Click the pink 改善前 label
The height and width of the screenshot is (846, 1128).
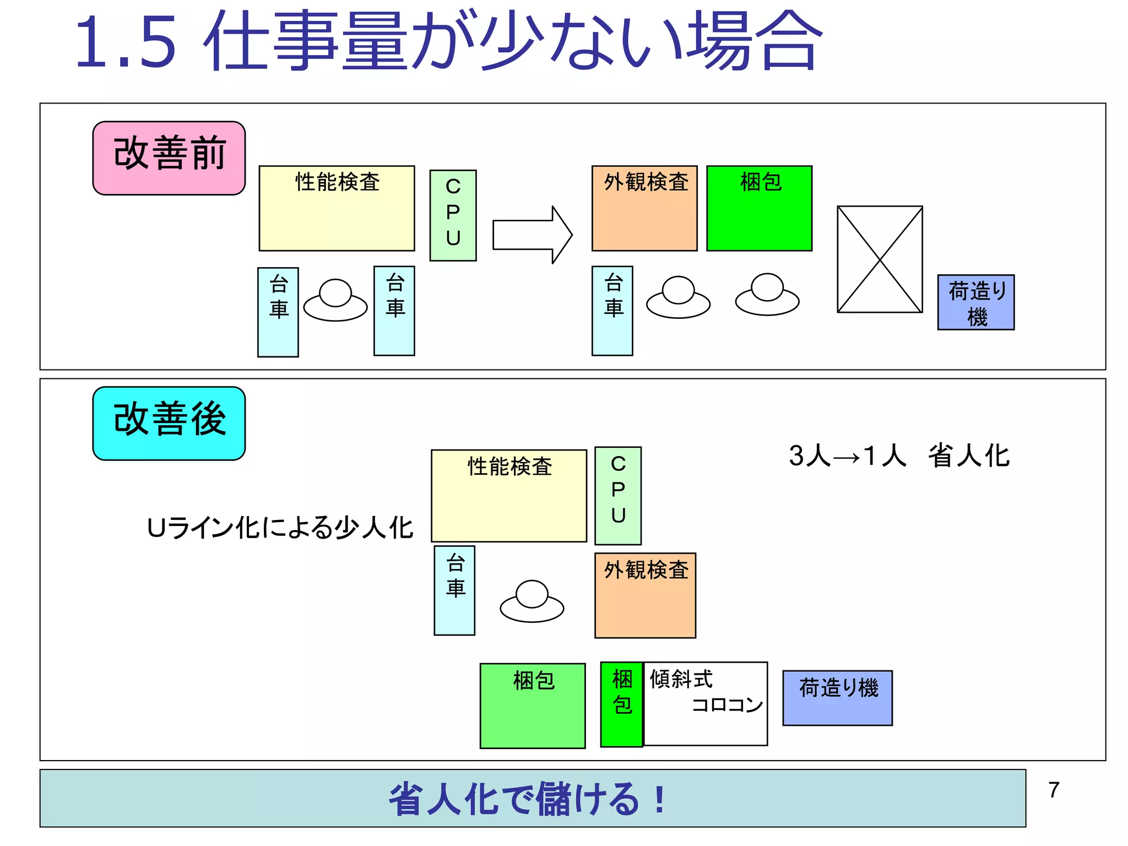coord(169,158)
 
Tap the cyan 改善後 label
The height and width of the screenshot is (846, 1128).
coord(169,423)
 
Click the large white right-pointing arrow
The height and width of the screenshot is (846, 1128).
coord(532,235)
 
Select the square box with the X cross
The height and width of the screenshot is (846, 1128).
coord(880,259)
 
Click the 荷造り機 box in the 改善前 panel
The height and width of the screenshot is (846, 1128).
coord(975,302)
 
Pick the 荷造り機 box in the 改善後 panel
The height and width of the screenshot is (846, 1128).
coord(837,698)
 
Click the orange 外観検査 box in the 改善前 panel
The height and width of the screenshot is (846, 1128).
coord(644,208)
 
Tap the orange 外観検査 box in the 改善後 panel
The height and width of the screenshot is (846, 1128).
coord(645,595)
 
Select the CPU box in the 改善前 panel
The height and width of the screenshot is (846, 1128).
coord(453,215)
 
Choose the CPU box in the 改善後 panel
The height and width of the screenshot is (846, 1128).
coord(618,495)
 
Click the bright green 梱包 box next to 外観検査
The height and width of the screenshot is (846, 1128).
coord(759,208)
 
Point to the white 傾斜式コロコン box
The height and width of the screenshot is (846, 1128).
coord(706,704)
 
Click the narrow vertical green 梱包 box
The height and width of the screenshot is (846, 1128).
coord(621,704)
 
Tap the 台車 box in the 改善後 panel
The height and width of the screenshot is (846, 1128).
coord(454,590)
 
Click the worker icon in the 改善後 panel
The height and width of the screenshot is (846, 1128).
coord(532,601)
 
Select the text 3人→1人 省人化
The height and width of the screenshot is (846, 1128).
coord(899,456)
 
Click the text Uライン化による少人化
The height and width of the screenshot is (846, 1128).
coord(280,528)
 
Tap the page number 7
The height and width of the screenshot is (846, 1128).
coord(1054,790)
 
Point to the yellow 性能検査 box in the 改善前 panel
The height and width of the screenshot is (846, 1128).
coord(337,208)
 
